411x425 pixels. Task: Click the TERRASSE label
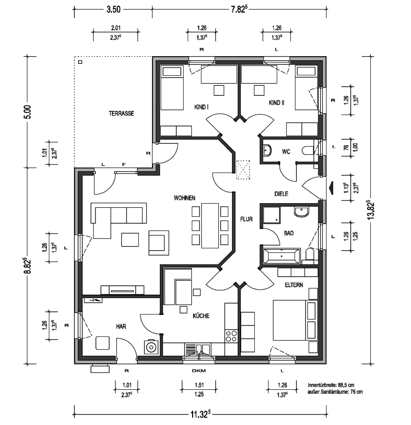click(121, 113)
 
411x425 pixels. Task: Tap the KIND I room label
click(201, 107)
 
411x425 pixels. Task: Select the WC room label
click(286, 152)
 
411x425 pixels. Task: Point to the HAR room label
click(121, 326)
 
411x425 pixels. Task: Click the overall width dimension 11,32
click(200, 414)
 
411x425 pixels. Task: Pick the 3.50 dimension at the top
click(113, 10)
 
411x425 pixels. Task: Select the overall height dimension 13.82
click(371, 210)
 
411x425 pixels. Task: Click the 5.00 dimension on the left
click(29, 112)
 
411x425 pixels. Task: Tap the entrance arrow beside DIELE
click(331, 189)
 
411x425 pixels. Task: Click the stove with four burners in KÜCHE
click(231, 336)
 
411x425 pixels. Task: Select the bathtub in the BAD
click(282, 256)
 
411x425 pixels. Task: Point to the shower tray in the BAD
click(272, 215)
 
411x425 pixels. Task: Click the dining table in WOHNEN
click(210, 226)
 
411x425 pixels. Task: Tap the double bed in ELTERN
click(295, 320)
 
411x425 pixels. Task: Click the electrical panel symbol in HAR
click(93, 300)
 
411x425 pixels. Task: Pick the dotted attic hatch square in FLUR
click(243, 170)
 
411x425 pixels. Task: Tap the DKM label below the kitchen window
click(199, 371)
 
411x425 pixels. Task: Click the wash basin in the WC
click(267, 151)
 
